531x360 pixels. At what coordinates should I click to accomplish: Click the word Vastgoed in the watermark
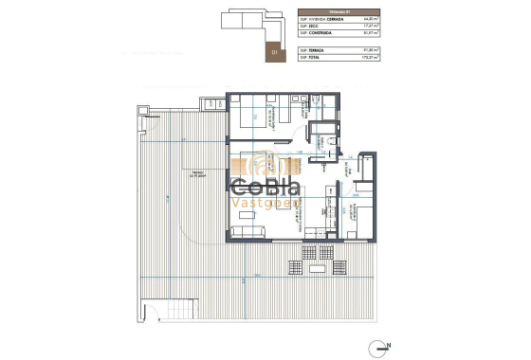266,204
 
